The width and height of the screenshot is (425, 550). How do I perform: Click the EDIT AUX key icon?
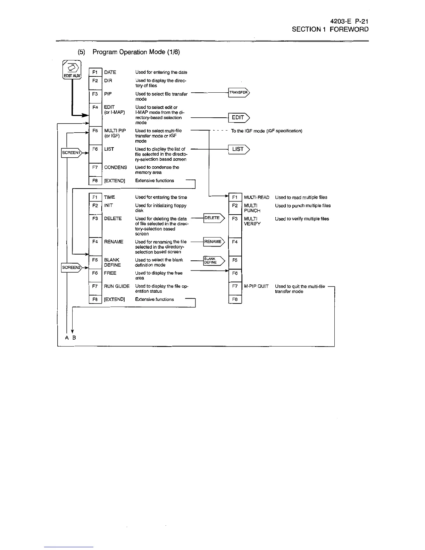click(72, 70)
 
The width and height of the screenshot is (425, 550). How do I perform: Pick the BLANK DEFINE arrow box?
click(213, 260)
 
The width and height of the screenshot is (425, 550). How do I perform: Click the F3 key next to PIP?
click(95, 94)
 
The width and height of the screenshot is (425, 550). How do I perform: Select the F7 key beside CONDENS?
click(95, 167)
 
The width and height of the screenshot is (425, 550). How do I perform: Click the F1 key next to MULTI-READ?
click(235, 198)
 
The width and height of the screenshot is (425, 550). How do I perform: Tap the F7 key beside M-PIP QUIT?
click(235, 286)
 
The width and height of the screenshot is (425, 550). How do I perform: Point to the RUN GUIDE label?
click(117, 286)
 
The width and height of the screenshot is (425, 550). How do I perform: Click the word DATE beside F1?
click(110, 72)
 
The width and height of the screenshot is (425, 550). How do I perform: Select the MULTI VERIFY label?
click(252, 221)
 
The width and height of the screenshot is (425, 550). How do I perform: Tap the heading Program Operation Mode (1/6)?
click(136, 52)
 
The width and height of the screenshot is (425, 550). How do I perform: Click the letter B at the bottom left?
click(74, 338)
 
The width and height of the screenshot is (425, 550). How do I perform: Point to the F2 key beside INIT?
click(95, 206)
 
